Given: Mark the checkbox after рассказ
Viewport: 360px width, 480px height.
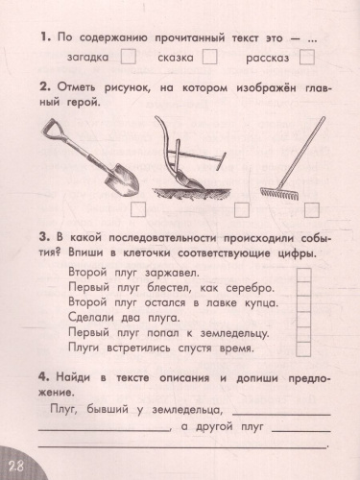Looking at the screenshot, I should (306, 58).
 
